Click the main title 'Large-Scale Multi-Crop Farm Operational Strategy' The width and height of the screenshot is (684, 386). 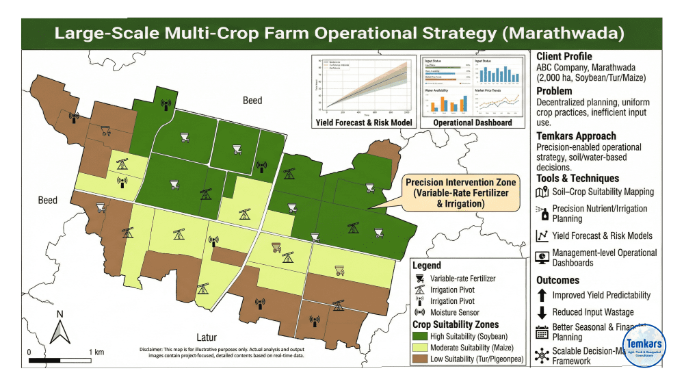339,33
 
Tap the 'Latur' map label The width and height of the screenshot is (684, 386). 207,337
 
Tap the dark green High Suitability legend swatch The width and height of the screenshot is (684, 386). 419,335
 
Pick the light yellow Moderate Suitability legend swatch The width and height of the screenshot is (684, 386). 419,347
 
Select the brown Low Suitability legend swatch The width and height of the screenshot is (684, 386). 419,359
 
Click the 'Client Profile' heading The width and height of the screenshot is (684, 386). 564,57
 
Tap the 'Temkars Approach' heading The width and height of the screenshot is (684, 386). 576,136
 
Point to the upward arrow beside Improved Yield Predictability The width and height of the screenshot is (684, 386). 542,296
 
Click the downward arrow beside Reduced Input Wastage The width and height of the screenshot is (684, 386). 542,313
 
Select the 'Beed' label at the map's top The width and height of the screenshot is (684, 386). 252,101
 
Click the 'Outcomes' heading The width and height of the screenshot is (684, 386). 557,280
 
